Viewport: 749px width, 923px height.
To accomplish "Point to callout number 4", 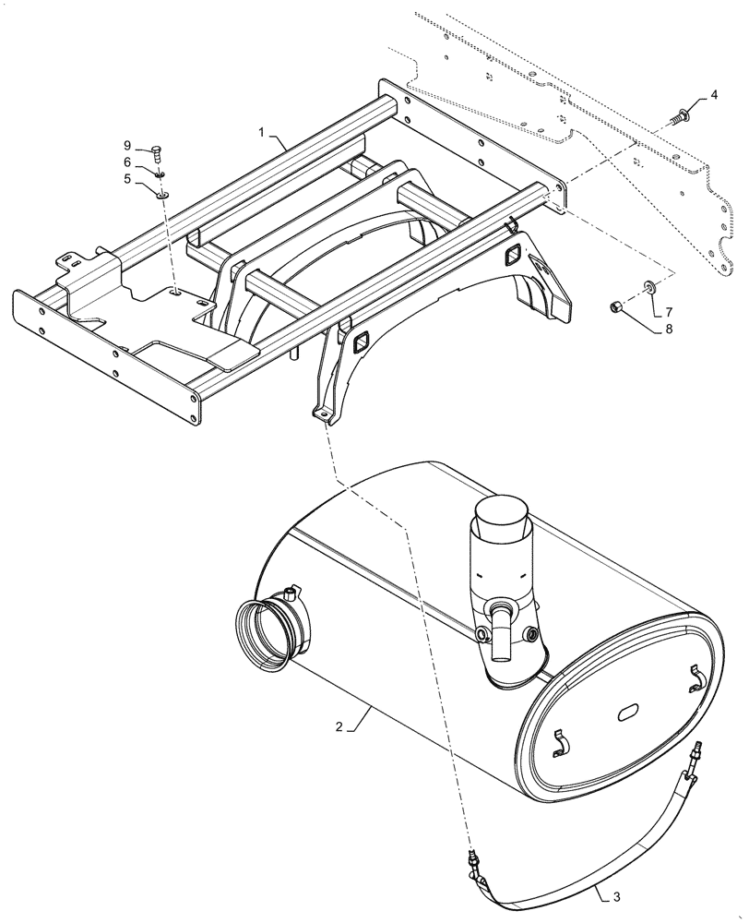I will pyautogui.click(x=713, y=97).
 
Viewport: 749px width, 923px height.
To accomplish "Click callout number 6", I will pyautogui.click(x=128, y=162).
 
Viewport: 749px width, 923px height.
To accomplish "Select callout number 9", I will pyautogui.click(x=128, y=145).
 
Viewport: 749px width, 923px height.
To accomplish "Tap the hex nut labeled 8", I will pyautogui.click(x=614, y=306).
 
